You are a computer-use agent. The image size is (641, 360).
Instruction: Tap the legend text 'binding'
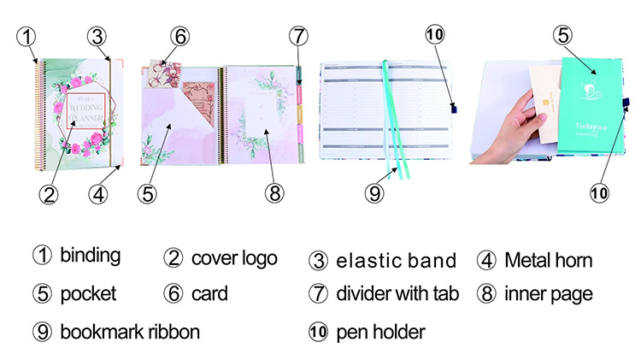[x=90, y=255]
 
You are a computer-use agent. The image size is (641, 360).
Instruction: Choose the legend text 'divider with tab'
[x=397, y=294]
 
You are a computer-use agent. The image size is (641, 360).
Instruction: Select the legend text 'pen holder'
[x=379, y=330]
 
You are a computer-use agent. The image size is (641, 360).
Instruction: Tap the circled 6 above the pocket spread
[x=179, y=37]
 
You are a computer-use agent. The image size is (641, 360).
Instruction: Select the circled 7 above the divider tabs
[x=297, y=37]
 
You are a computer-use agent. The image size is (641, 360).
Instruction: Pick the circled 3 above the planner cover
[x=97, y=37]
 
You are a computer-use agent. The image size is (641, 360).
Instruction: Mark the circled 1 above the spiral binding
[x=28, y=37]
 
